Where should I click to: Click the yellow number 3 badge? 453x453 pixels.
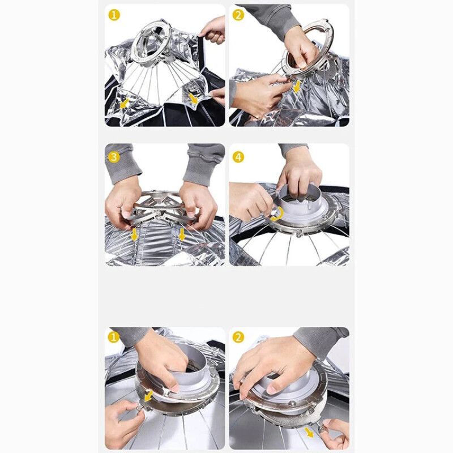(x=114, y=157)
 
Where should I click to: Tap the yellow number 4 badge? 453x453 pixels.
(x=238, y=157)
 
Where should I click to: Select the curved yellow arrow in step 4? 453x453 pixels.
(x=277, y=213)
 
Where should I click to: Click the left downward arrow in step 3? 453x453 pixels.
(x=134, y=235)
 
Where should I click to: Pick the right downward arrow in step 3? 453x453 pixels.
(x=182, y=234)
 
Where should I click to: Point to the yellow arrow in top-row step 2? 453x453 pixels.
(x=296, y=87)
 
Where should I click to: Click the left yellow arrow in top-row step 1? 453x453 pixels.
(x=124, y=104)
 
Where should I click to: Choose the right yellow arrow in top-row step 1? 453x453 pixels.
(x=193, y=99)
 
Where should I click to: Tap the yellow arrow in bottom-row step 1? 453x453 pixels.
(x=148, y=396)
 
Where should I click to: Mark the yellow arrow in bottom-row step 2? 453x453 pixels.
(x=309, y=433)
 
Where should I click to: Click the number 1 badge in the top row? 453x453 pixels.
(x=114, y=15)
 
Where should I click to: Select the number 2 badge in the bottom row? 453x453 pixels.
(x=238, y=337)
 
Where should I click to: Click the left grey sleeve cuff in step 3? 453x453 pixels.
(x=121, y=166)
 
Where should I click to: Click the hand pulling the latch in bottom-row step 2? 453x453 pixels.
(x=335, y=435)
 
